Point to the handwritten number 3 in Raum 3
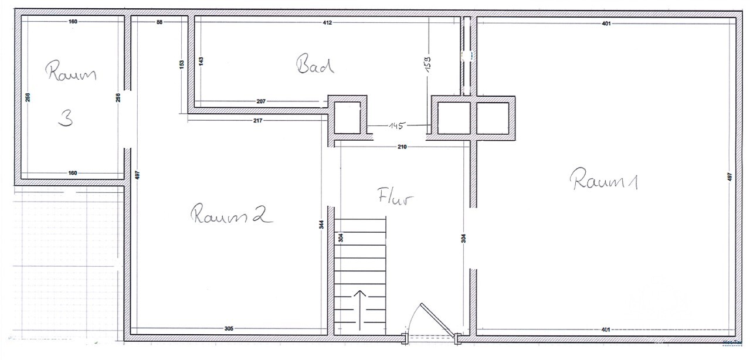click(66, 119)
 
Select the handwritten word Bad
click(315, 64)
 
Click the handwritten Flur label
click(395, 196)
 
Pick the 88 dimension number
click(159, 22)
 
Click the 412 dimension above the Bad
click(327, 23)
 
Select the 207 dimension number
click(262, 101)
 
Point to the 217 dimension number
click(257, 120)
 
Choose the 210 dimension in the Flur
click(402, 147)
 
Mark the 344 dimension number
click(322, 227)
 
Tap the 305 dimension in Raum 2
click(229, 329)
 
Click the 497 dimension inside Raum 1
click(729, 176)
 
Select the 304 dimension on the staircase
click(341, 238)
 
